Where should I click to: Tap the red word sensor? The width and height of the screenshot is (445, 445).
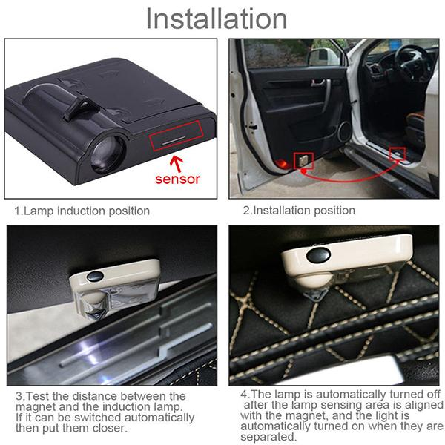point(177,179)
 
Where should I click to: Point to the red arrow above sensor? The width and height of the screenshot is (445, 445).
point(177,158)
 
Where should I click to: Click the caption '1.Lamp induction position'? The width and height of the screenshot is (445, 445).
point(82,211)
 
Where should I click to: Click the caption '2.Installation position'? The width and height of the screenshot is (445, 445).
point(299,211)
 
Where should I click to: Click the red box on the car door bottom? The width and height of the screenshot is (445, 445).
point(303,159)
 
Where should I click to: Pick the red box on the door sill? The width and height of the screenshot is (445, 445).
point(398,154)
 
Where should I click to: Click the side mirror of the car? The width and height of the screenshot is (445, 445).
point(324,56)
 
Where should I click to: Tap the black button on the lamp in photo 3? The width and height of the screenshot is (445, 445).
point(94,276)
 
